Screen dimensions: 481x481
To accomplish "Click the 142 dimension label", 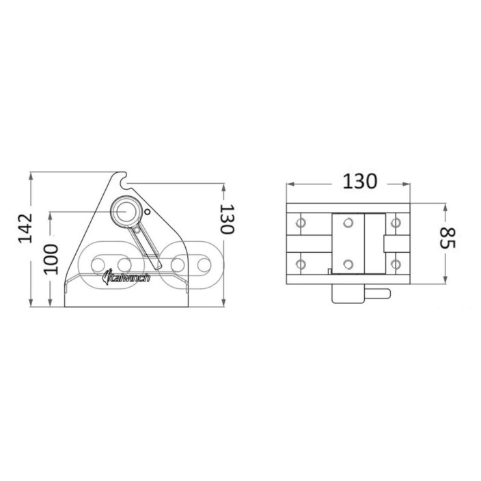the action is [25, 228].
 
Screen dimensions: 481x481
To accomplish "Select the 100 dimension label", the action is [51, 259].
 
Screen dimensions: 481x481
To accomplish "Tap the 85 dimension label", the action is [448, 238].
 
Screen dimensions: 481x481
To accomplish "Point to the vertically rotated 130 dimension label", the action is [228, 219].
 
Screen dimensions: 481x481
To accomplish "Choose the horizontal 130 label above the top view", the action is [359, 181].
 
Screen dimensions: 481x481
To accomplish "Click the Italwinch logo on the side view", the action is [126, 277].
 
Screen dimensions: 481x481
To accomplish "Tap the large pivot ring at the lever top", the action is [126, 212].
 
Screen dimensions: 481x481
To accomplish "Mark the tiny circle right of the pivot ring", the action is [148, 212].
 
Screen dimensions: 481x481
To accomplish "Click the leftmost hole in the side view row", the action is [98, 265].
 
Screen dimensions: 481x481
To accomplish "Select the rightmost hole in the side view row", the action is [204, 265].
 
